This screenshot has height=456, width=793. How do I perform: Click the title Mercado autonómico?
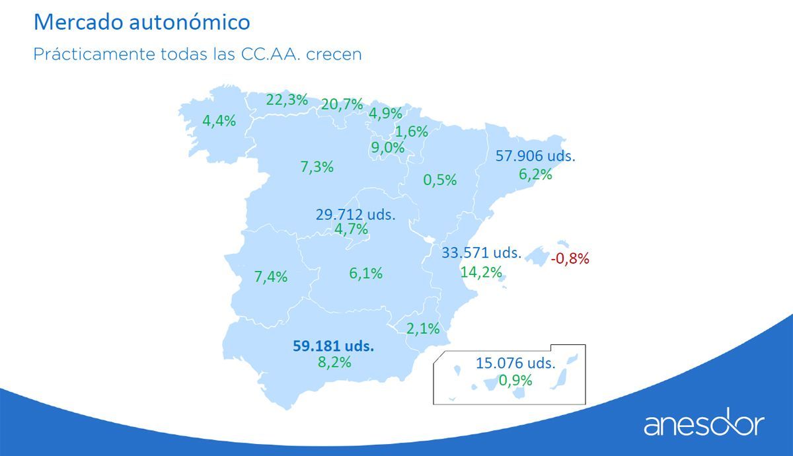(141, 22)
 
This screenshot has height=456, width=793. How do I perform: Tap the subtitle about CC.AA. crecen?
(198, 54)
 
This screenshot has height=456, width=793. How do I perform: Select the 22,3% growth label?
(287, 100)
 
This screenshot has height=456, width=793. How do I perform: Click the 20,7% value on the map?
(342, 104)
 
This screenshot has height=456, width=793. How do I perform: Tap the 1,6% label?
(412, 131)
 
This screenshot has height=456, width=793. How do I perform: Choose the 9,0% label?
(388, 147)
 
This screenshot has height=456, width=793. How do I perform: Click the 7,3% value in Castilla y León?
(317, 167)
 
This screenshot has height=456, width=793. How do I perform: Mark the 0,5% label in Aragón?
(440, 179)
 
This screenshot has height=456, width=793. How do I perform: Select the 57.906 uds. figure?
(535, 157)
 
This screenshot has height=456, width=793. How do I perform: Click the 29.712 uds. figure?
(356, 214)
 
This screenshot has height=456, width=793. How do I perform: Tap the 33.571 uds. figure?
(482, 252)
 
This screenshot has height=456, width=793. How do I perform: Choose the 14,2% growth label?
(480, 272)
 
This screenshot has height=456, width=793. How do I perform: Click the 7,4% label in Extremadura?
(271, 277)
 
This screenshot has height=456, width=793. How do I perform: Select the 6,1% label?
(366, 273)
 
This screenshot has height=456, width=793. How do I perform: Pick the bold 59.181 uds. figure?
(333, 346)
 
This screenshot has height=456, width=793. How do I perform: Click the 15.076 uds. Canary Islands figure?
(515, 363)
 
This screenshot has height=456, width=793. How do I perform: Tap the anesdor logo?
(704, 424)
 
